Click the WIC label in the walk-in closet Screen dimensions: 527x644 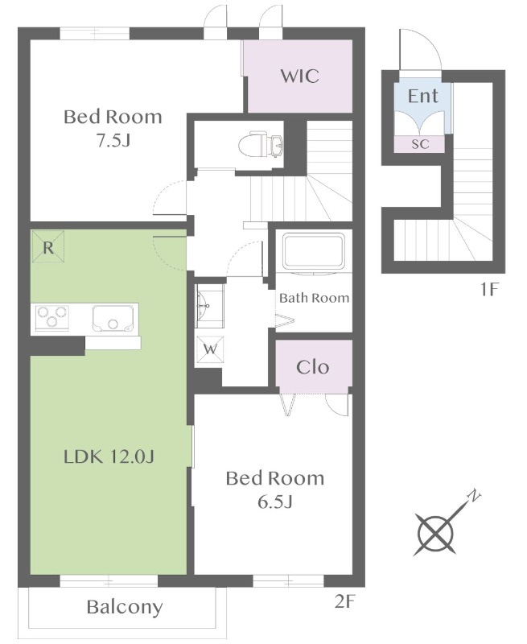coord(299,76)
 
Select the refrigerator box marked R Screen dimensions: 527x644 coord(48,247)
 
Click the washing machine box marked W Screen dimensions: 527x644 coord(210,349)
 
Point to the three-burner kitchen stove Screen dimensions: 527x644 coord(51,316)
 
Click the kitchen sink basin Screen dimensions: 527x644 coord(113,318)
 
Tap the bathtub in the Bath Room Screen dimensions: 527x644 coord(314,253)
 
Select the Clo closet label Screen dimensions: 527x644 coord(312,367)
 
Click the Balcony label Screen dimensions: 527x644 coord(125,607)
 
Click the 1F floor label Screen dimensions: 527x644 coord(488,290)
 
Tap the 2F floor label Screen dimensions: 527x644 coord(344,601)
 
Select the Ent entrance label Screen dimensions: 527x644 coord(422,96)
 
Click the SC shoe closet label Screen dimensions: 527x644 coord(420,144)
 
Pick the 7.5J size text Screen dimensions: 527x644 coord(113,140)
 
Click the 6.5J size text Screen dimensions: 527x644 coord(275,502)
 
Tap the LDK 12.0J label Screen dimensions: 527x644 coord(109,456)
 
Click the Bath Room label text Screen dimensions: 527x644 coord(314,297)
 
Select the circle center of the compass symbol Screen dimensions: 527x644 coord(435,534)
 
